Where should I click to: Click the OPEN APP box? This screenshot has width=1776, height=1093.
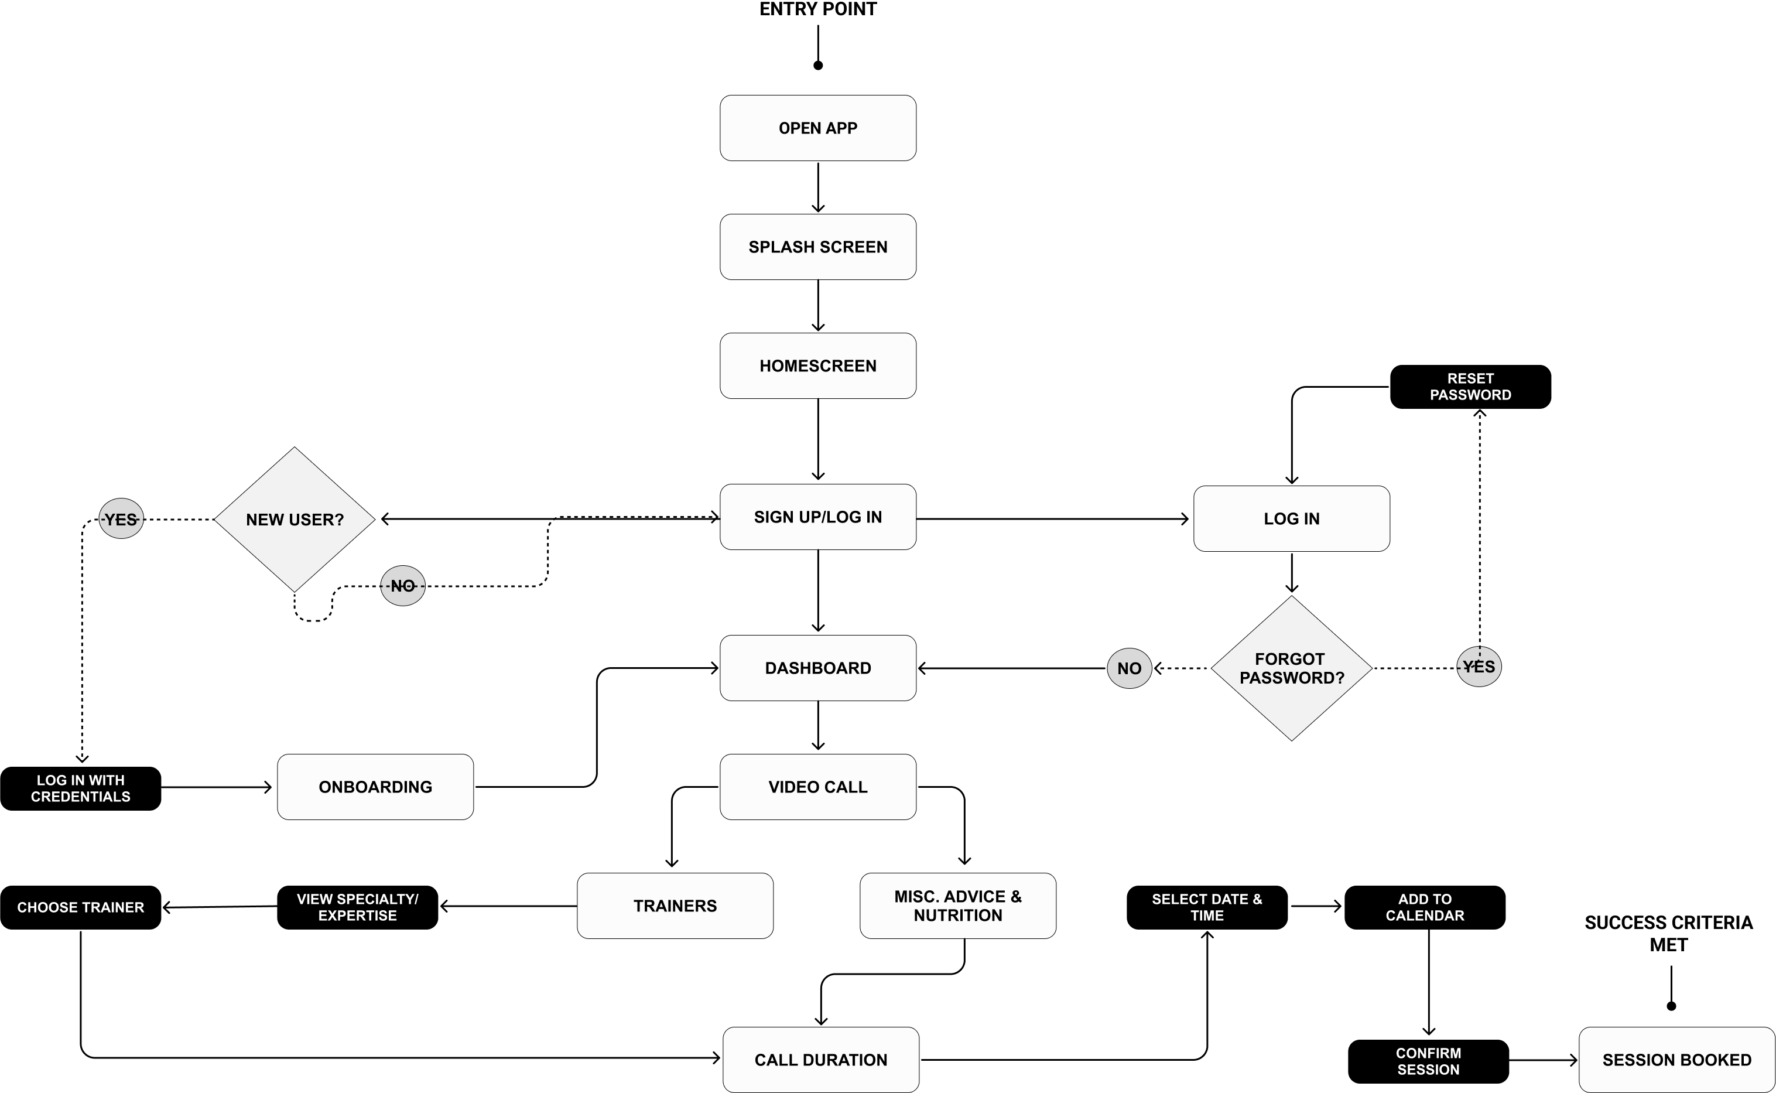coord(818,128)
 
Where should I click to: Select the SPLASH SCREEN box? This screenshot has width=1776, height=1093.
coord(818,247)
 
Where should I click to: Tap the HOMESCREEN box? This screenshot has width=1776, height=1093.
coord(818,366)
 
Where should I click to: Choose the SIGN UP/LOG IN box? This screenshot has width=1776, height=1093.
coord(818,517)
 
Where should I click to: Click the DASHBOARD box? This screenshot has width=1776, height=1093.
coord(818,668)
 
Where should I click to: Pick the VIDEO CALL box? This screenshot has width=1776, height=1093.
coord(818,787)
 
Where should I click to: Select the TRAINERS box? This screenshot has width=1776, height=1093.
coord(675,906)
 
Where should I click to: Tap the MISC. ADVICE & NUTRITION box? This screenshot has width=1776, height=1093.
coord(957,906)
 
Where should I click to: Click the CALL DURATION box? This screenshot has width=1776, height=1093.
coord(821,1060)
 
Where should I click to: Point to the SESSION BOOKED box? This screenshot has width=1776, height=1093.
coord(1676,1060)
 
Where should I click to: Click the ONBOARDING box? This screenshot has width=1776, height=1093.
coord(375,787)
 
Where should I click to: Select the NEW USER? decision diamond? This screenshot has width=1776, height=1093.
coord(295,519)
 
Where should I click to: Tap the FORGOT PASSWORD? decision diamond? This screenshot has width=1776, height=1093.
coord(1291,668)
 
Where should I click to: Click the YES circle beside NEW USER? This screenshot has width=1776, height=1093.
coord(121,518)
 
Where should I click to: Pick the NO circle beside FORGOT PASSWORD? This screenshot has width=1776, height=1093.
coord(1130,668)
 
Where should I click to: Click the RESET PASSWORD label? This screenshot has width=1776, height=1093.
coord(1470,387)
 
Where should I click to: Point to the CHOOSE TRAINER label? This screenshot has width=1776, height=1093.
coord(81,907)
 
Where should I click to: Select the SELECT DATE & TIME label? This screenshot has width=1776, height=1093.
coord(1207,907)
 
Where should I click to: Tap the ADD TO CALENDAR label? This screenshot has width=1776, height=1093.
coord(1425,907)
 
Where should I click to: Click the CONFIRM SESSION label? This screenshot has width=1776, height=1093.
coord(1428,1061)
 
